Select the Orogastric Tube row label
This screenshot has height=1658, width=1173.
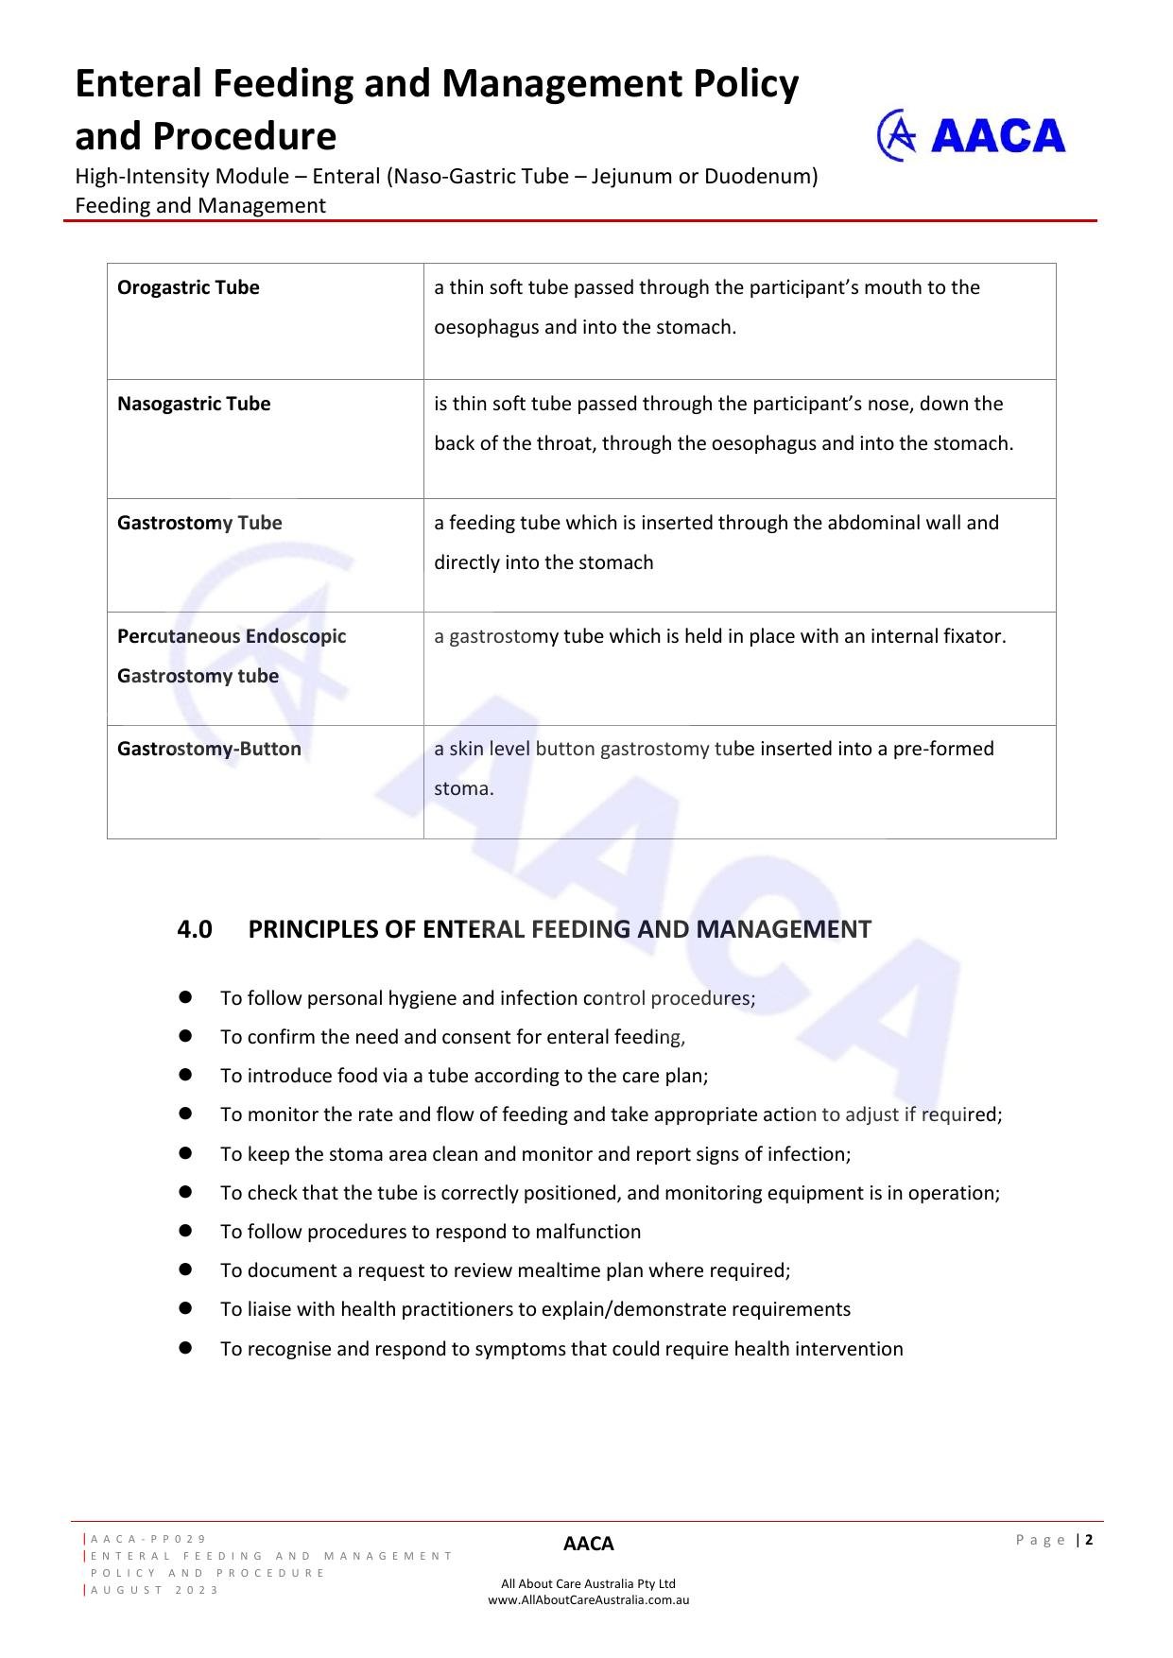pyautogui.click(x=188, y=287)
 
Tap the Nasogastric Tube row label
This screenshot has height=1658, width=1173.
pyautogui.click(x=194, y=404)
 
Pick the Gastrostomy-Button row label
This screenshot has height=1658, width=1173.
pyautogui.click(x=209, y=749)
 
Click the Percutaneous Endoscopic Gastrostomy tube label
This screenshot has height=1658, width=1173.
pyautogui.click(x=232, y=655)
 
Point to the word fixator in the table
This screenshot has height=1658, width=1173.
pyautogui.click(x=975, y=636)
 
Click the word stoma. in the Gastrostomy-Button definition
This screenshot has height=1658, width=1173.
pyautogui.click(x=464, y=788)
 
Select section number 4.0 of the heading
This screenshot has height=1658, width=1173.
pyautogui.click(x=194, y=929)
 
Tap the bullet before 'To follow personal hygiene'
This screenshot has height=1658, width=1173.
pyautogui.click(x=185, y=997)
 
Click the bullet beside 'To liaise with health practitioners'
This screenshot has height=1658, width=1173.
pyautogui.click(x=185, y=1308)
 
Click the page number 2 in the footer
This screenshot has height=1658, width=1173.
pyautogui.click(x=1089, y=1540)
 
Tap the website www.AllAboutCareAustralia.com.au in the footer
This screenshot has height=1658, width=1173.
pyautogui.click(x=588, y=1600)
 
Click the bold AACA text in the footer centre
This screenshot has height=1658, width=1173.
pyautogui.click(x=588, y=1544)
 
